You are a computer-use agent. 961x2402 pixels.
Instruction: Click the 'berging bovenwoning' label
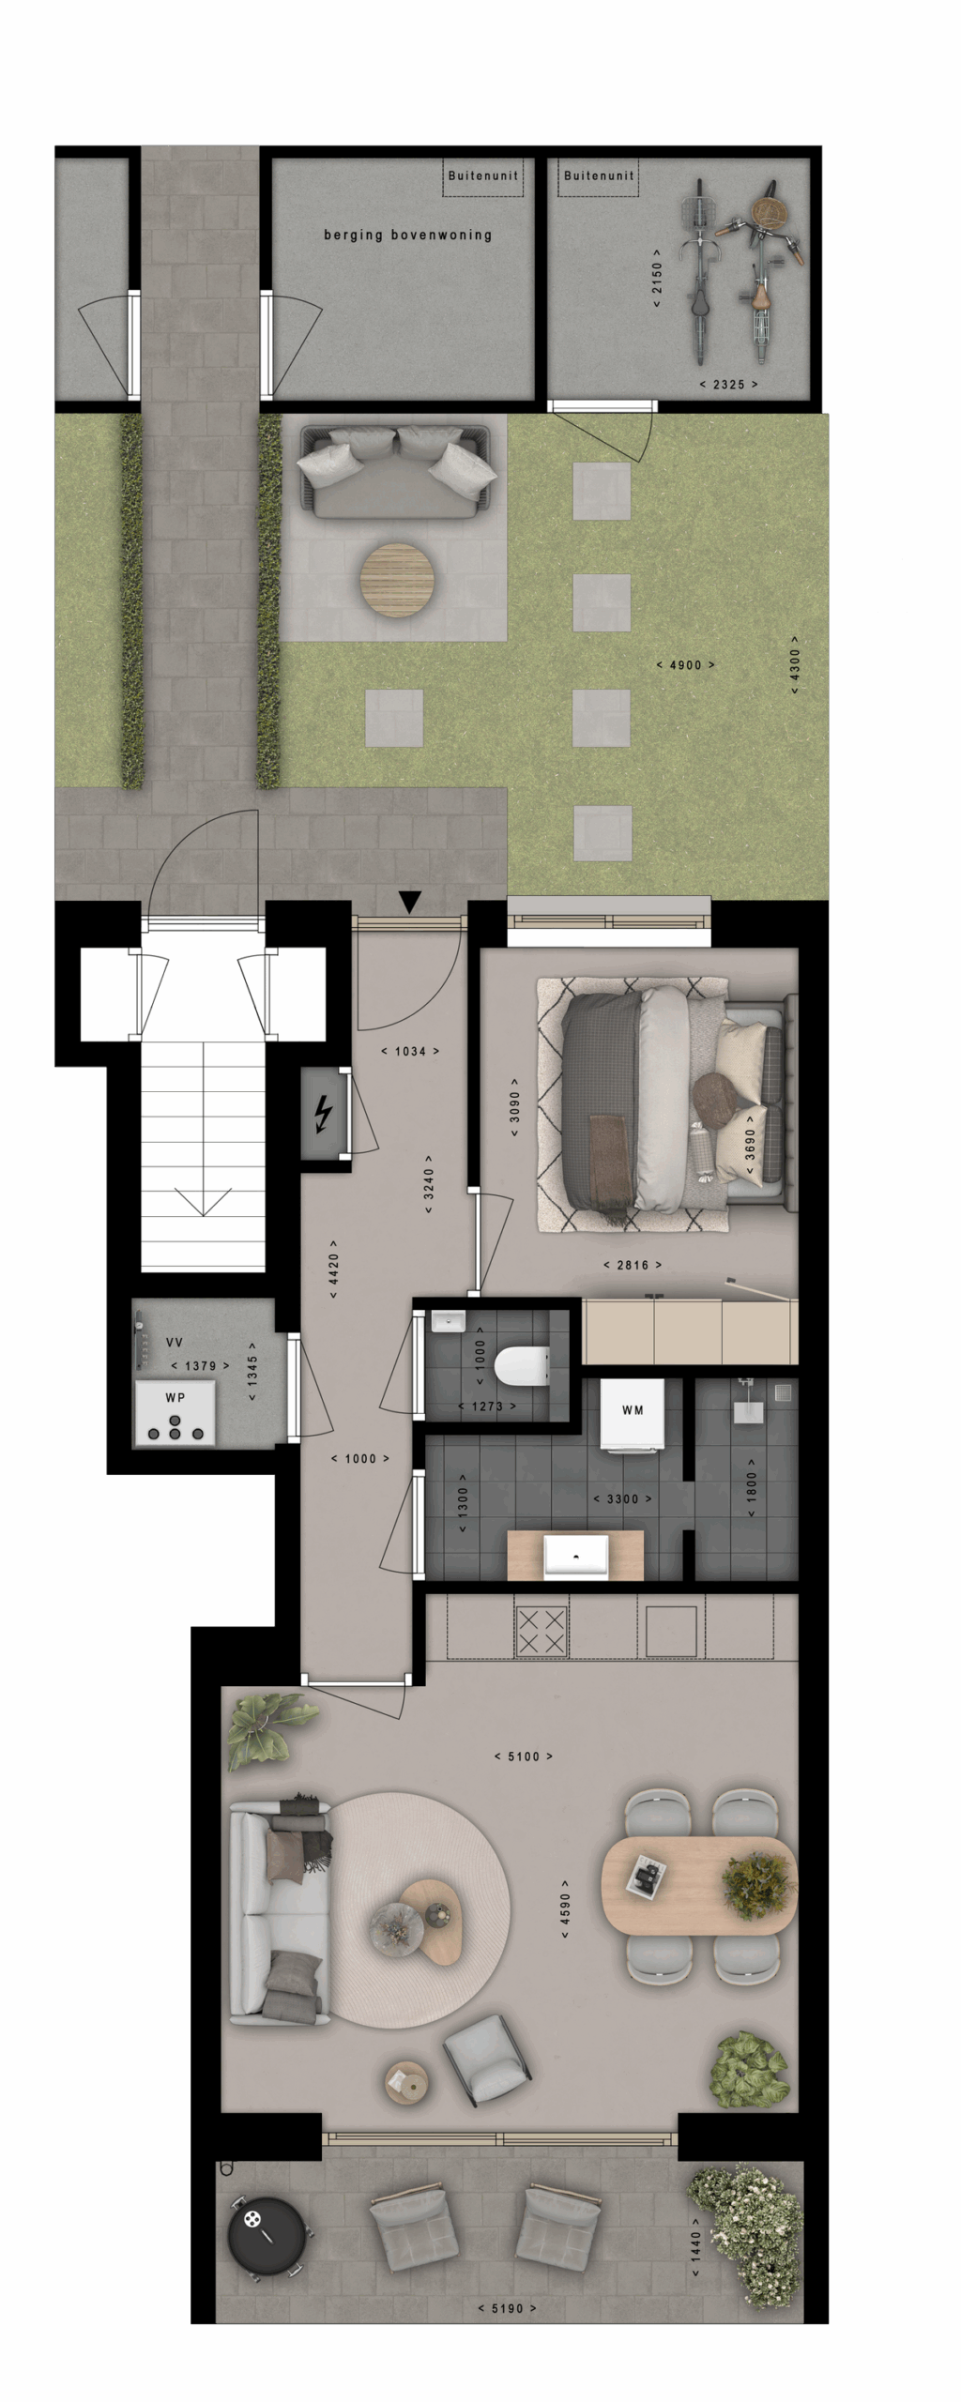coord(408,235)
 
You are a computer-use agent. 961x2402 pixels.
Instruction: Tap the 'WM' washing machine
coord(632,1415)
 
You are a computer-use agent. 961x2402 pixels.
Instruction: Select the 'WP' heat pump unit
coord(175,1413)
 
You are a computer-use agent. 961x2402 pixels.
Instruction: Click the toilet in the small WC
coord(522,1366)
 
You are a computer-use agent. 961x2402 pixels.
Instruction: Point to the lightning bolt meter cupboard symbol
coord(324,1115)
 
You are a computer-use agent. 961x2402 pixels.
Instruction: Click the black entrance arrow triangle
coord(409,902)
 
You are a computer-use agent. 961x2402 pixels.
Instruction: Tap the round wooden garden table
coord(397,580)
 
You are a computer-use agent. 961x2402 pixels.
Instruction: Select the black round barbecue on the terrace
coord(266,2235)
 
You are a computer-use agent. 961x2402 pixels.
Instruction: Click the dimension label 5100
coord(524,1756)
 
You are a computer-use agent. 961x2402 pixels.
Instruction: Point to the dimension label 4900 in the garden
coord(685,665)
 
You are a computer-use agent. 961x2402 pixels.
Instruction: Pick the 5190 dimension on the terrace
coord(507,2308)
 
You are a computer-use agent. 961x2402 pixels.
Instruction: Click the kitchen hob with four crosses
coord(542,1631)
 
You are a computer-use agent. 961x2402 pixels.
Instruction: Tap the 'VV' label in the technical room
coord(175,1343)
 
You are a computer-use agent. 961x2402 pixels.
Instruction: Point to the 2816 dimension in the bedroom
coord(633,1265)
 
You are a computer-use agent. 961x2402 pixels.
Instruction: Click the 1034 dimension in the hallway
coord(410,1052)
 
